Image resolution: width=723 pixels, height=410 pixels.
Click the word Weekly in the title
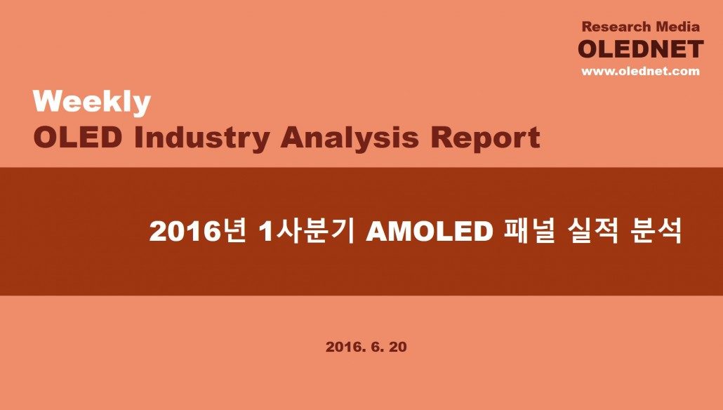92,102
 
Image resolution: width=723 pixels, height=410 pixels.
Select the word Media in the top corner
678,27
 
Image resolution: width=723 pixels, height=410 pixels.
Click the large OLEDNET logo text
641,49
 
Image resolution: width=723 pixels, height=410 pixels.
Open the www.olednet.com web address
640,71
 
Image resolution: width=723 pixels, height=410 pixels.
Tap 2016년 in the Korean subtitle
197,231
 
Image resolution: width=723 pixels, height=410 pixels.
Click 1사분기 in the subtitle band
307,231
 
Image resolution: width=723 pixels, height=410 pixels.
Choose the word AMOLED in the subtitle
430,232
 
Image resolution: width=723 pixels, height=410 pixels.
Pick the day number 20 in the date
398,347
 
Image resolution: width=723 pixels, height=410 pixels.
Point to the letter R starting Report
442,138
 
